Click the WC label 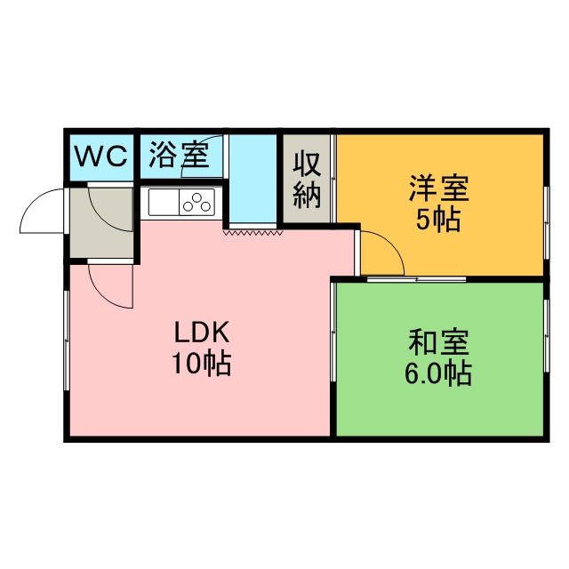101,156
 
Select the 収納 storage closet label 307,180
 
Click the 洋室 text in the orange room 438,188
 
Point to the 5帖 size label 438,220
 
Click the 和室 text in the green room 438,342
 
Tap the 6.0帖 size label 438,373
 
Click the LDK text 202,332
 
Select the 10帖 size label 202,363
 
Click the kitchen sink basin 164,202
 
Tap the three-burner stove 196,202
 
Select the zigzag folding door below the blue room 252,232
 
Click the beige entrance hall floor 101,221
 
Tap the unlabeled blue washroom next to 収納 252,179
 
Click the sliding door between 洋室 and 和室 416,279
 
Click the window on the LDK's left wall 67,340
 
